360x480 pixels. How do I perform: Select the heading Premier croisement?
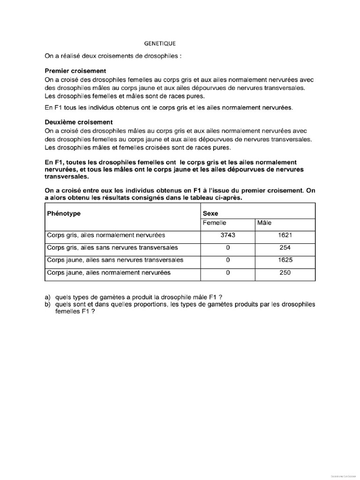[75, 71]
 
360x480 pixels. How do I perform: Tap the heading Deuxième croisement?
[78, 122]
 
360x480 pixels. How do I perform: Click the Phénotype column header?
[64, 213]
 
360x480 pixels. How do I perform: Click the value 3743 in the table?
[227, 235]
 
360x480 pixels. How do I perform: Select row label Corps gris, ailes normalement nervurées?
[105, 235]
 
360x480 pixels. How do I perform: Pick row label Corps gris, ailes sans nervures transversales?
[112, 247]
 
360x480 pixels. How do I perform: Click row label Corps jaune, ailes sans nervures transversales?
[115, 260]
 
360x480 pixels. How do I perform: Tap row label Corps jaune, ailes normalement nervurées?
[108, 272]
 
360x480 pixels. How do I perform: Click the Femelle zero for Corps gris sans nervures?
[227, 247]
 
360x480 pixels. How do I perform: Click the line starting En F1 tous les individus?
[168, 108]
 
